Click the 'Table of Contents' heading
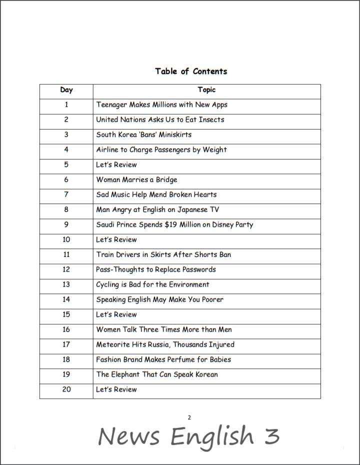tap(191, 71)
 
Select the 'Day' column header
tap(66, 90)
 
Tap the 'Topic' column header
tap(206, 90)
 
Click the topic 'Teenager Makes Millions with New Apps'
tap(161, 105)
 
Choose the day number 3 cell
tap(66, 135)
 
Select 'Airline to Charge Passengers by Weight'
tap(161, 150)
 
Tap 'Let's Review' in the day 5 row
tap(116, 165)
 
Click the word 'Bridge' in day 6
tap(166, 180)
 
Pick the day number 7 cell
tap(66, 195)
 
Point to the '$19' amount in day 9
tap(173, 225)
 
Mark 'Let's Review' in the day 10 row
tap(116, 240)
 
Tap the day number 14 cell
tap(66, 299)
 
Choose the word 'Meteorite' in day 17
tap(113, 344)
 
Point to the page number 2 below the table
tap(189, 417)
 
